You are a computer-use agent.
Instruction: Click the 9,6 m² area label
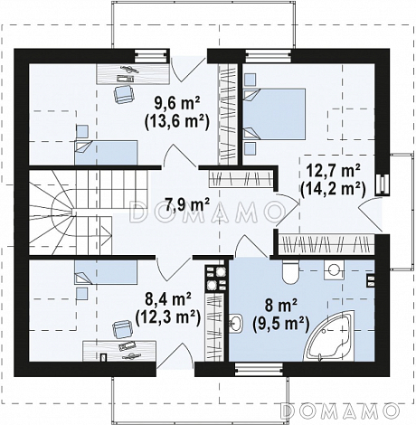coord(177,105)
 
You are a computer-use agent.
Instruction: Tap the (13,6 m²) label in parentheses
coord(177,122)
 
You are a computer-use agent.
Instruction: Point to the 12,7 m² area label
coord(333,172)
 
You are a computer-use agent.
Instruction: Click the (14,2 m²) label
coord(333,189)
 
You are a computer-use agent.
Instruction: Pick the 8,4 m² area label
coord(168,300)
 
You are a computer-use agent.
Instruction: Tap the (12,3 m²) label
coord(168,317)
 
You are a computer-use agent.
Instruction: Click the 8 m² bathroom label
coord(281,307)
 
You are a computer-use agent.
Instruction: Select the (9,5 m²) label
coord(281,324)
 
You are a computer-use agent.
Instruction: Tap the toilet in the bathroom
coord(290,271)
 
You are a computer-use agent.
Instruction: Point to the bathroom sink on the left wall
coord(236,324)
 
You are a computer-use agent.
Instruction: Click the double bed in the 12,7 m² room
coord(274,114)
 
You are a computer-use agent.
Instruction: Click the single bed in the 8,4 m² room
coord(106,272)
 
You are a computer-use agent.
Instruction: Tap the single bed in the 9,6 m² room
coord(106,153)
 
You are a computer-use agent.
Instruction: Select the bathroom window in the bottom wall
coord(259,370)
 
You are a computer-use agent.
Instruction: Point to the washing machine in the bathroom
coord(334,269)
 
